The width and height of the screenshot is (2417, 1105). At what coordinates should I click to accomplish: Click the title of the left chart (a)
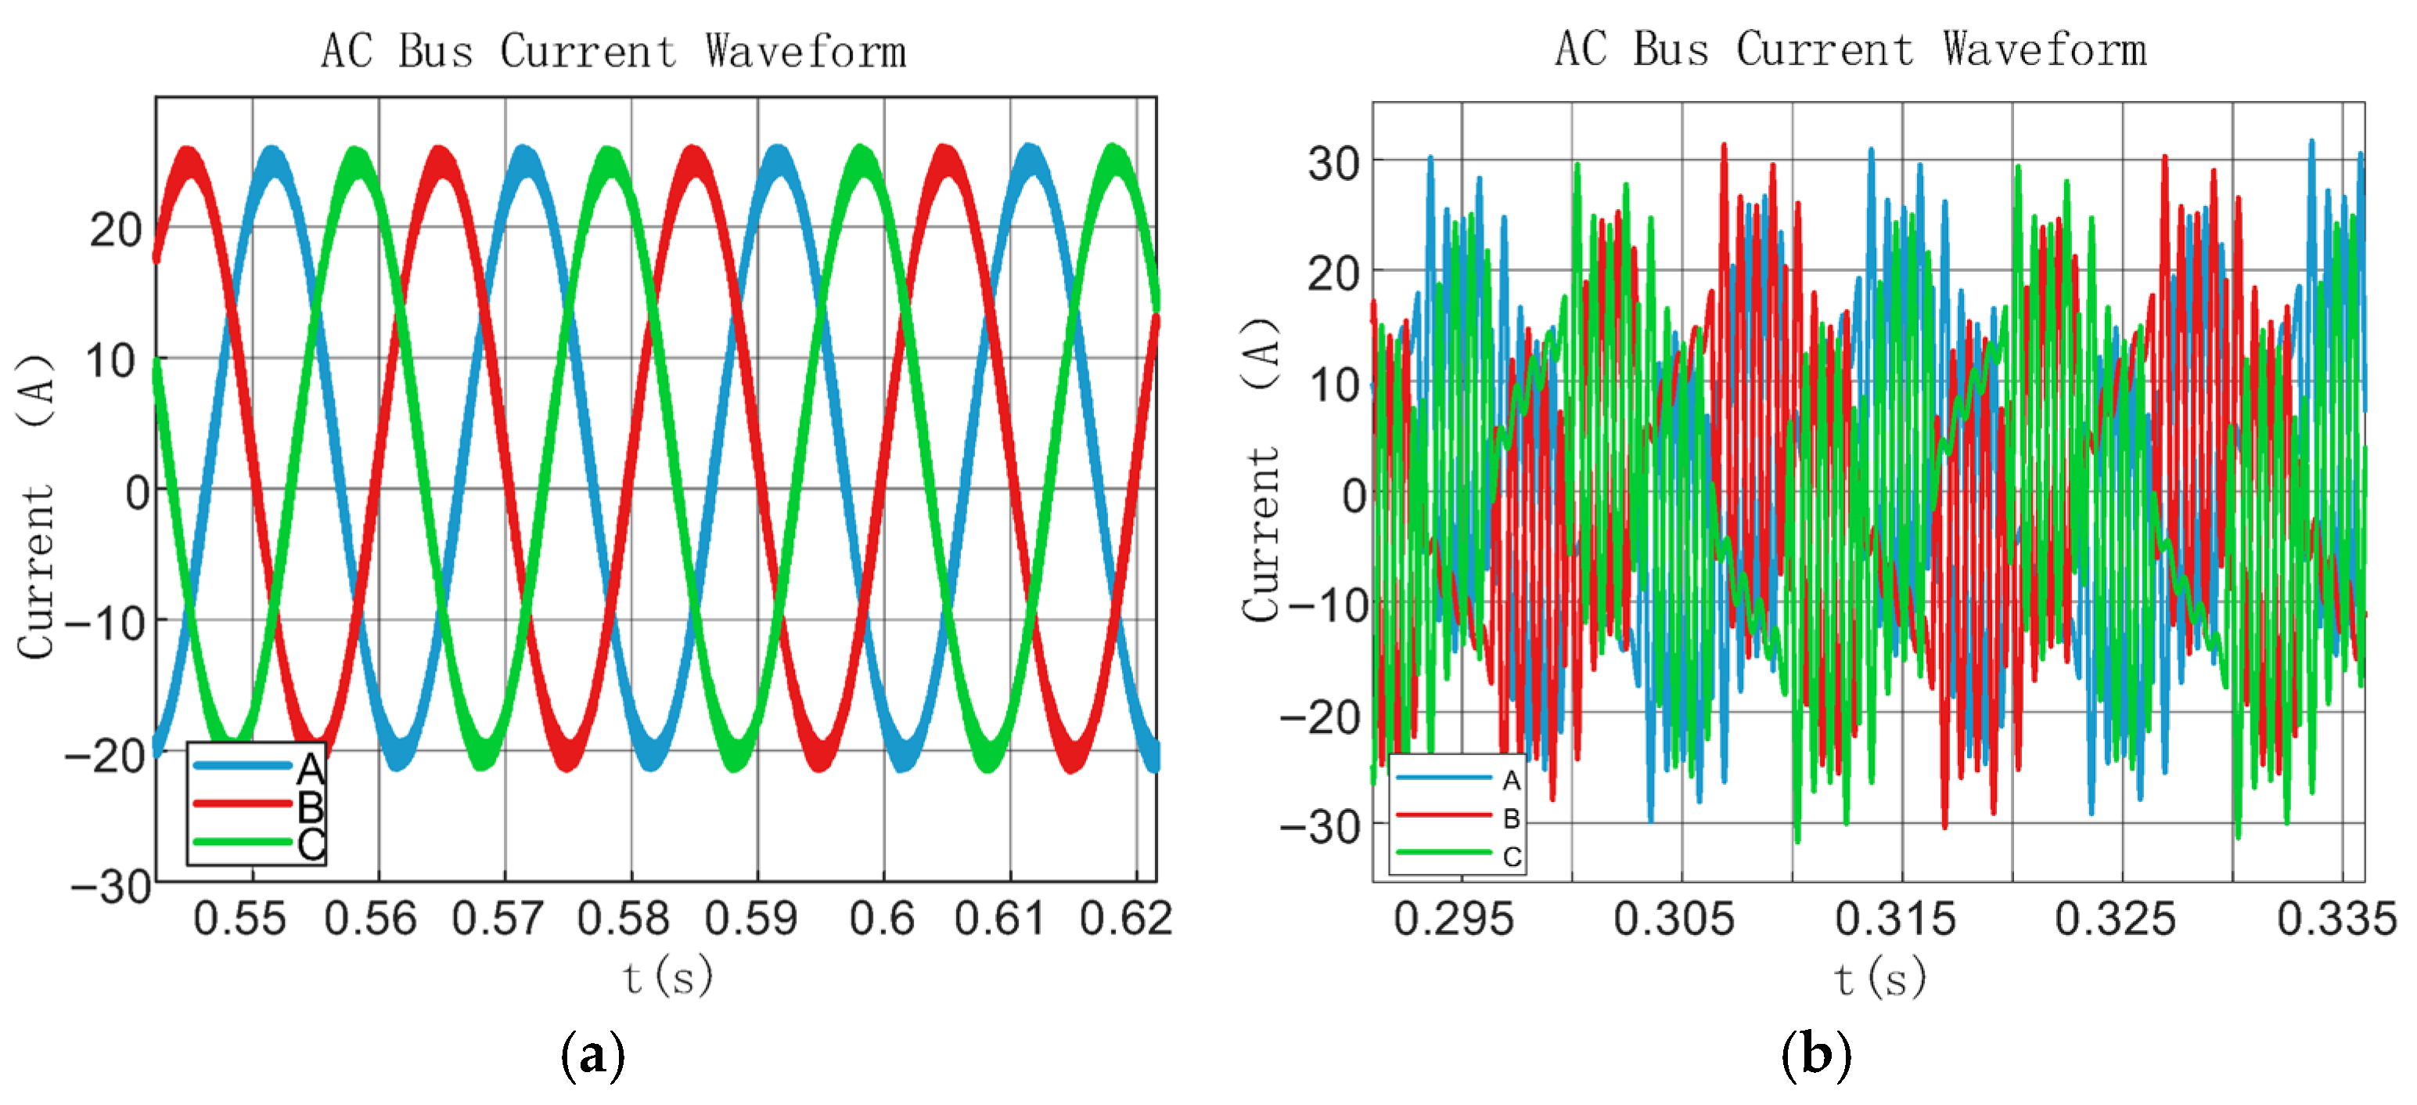coord(613,51)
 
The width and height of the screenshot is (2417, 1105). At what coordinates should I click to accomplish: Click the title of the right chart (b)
coord(1851,49)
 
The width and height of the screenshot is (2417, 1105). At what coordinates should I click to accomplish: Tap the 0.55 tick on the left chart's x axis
coord(239,918)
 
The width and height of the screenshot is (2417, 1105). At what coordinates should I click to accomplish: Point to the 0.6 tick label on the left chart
coord(881,918)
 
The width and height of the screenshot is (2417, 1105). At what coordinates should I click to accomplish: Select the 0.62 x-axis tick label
coord(1126,918)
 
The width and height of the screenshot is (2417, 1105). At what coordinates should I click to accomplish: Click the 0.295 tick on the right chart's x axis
coord(1453,918)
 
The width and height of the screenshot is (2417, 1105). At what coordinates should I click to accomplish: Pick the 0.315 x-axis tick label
coord(1895,918)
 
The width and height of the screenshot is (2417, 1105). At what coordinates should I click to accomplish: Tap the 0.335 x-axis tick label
coord(2336,918)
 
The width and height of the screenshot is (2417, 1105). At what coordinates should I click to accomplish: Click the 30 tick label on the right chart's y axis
coord(1333,164)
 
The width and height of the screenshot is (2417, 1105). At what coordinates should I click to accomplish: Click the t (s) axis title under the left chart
coord(668,977)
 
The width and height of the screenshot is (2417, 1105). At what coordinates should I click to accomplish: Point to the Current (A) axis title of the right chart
coord(1261,469)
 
